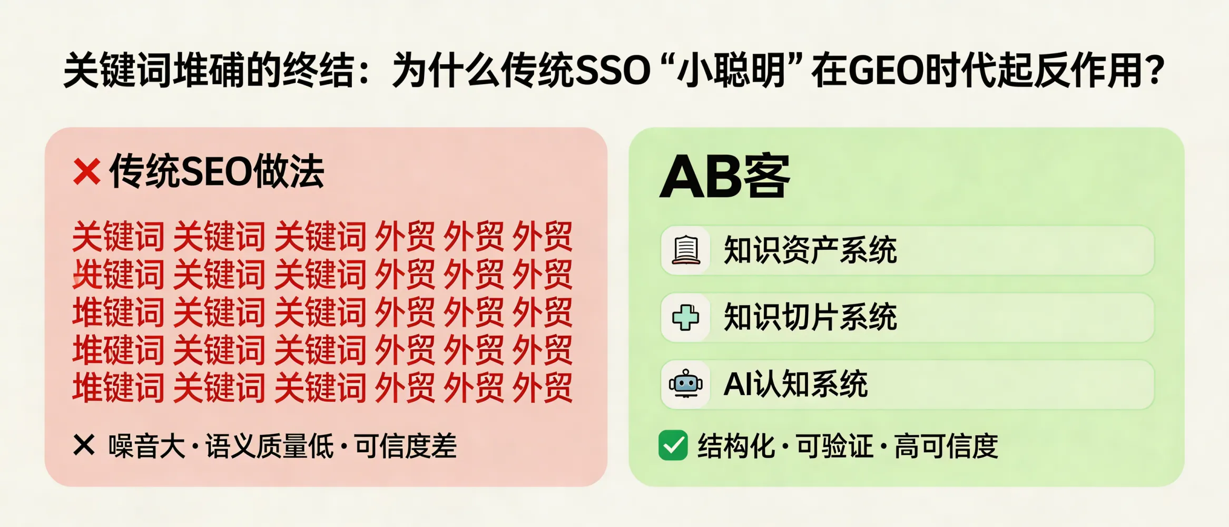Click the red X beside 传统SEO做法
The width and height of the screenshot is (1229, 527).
click(87, 172)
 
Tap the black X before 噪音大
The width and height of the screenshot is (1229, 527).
click(84, 445)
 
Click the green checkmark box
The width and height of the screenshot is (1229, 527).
click(673, 445)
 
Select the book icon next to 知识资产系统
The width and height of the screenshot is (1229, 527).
click(686, 250)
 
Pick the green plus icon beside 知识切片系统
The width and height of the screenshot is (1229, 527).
click(686, 317)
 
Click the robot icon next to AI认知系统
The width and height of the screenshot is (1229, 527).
click(686, 384)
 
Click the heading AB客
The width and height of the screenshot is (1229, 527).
click(725, 177)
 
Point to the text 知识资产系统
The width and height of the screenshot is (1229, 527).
click(810, 250)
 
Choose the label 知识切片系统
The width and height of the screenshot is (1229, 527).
click(810, 317)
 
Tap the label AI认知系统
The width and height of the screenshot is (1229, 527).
click(795, 384)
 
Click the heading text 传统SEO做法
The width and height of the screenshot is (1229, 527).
click(217, 172)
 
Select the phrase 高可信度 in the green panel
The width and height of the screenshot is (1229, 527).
click(946, 446)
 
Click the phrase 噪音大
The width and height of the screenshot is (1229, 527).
click(147, 446)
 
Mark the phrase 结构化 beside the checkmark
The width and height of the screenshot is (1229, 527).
click(736, 446)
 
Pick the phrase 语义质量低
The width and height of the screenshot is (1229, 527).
click(269, 446)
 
